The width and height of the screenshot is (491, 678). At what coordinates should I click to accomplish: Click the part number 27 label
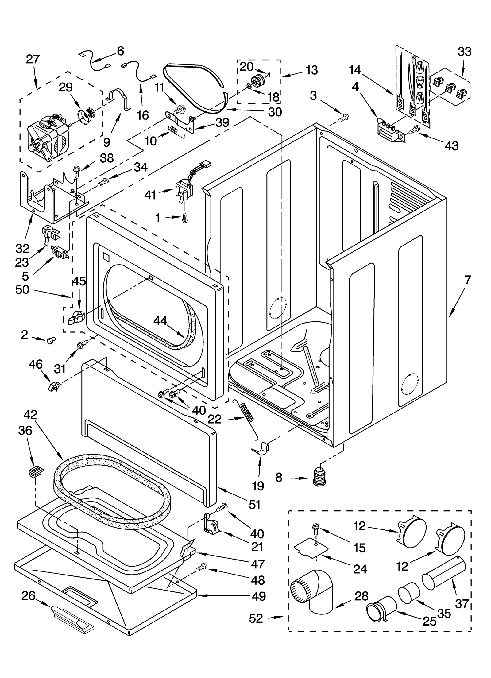point(33,59)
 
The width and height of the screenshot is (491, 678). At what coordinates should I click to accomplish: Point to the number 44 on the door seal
point(160,321)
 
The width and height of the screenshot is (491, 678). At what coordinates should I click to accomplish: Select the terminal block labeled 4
point(390,133)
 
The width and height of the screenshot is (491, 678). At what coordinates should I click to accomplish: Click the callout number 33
point(464,52)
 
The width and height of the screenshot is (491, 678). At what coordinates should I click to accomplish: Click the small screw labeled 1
point(184,217)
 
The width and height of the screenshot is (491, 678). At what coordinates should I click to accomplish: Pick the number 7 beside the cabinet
point(467,280)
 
